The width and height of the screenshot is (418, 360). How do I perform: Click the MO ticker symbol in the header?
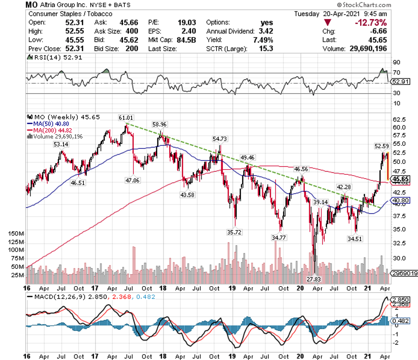pos(33,5)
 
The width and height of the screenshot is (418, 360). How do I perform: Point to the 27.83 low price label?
pos(316,279)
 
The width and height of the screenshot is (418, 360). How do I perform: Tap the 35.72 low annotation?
pos(235,232)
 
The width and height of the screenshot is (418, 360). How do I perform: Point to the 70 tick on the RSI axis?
pos(396,73)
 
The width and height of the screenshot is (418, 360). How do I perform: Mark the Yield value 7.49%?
pos(264,40)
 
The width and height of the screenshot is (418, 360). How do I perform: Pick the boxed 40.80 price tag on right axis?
pos(401,200)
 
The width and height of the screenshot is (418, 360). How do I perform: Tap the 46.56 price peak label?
pos(300,170)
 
